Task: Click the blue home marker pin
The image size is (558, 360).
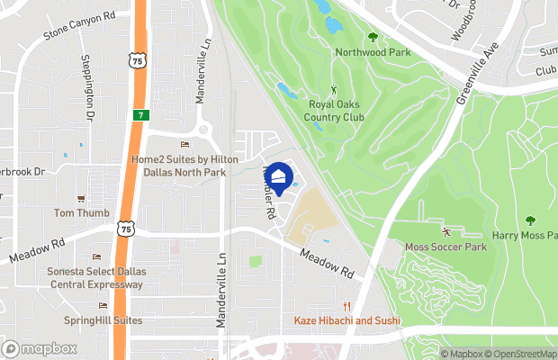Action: click(x=280, y=176)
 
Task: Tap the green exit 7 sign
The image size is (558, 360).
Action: click(x=141, y=115)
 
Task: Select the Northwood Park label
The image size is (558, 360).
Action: click(x=373, y=52)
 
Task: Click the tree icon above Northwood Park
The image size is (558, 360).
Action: click(x=373, y=37)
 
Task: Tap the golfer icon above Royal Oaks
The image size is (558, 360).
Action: click(x=334, y=89)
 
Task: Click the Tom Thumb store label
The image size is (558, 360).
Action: click(x=81, y=213)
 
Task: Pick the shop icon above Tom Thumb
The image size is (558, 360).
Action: click(x=81, y=198)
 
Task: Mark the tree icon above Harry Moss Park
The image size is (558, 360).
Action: click(x=529, y=220)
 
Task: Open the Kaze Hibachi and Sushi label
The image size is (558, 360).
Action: click(x=347, y=320)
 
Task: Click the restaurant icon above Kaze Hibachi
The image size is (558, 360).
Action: click(x=347, y=305)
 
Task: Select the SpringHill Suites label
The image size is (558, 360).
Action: click(x=103, y=320)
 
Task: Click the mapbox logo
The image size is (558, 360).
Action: click(x=40, y=348)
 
